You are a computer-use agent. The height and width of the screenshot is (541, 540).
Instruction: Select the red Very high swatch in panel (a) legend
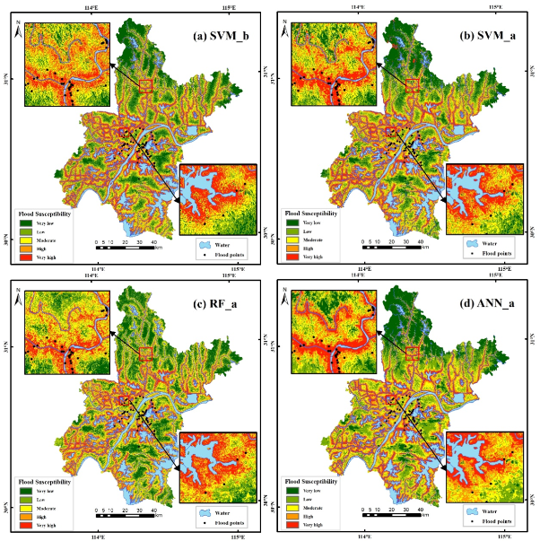26,257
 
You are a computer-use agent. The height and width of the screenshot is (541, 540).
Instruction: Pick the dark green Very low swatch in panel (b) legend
292,221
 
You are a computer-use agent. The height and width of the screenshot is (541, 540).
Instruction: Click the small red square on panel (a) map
145,85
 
